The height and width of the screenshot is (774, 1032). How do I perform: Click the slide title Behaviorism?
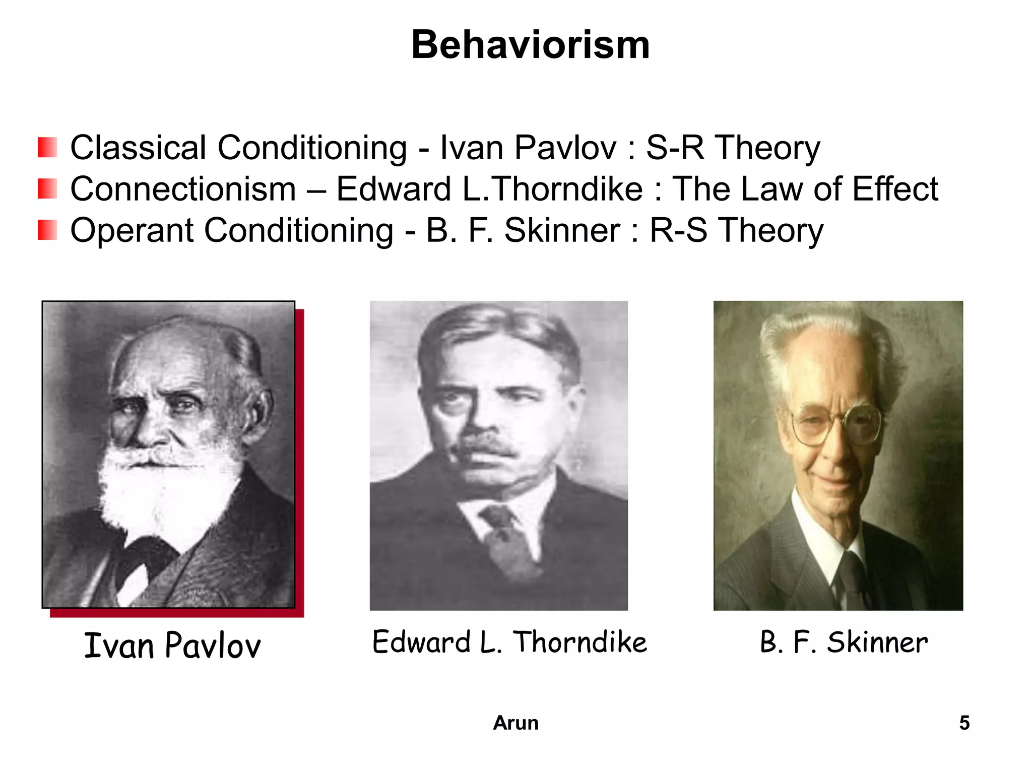pos(530,45)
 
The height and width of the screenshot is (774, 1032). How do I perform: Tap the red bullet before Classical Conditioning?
pos(47,148)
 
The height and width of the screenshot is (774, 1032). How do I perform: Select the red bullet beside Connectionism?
pos(47,189)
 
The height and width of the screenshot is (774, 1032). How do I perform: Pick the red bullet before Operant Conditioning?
pos(47,230)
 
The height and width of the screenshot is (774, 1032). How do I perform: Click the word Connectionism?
pos(183,189)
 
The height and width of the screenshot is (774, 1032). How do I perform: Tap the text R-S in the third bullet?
pos(678,231)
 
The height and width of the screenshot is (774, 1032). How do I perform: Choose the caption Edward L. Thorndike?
pos(509,642)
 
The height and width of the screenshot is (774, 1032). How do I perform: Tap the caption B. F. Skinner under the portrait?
pos(844,642)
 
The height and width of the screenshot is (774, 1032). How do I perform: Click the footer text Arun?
pos(515,723)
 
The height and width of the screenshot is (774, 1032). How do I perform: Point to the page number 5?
pos(964,723)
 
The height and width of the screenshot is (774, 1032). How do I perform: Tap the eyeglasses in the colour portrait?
pos(836,423)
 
